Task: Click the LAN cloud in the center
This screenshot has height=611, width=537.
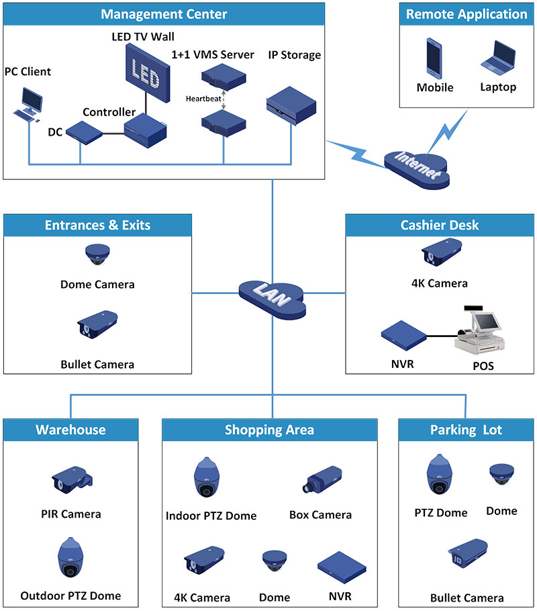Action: [272, 296]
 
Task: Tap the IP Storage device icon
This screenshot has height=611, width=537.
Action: [291, 103]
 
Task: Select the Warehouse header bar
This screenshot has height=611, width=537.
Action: [70, 430]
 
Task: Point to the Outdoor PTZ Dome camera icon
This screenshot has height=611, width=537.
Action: [70, 559]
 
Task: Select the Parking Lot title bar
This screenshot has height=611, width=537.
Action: [466, 430]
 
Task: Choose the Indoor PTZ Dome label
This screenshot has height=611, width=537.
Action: [211, 516]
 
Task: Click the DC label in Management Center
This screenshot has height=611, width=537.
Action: [55, 132]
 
